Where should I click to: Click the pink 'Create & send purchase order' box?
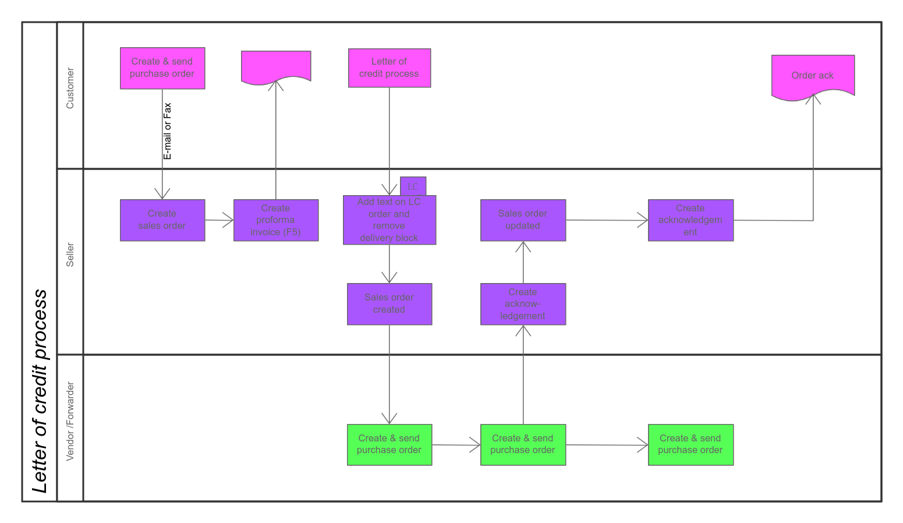click(x=162, y=68)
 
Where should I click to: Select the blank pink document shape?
click(x=276, y=66)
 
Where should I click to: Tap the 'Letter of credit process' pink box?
click(x=389, y=68)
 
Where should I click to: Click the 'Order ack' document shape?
click(x=813, y=75)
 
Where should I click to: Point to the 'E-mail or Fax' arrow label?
click(x=168, y=131)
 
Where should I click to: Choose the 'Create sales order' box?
click(x=162, y=220)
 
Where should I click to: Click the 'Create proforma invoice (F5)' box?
click(x=276, y=220)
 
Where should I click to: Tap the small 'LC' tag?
click(x=413, y=186)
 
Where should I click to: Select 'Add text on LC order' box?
click(x=389, y=220)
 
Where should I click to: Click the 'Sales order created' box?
click(x=389, y=304)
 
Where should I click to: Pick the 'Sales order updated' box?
click(x=523, y=220)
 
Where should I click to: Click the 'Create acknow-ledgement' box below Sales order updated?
click(x=523, y=304)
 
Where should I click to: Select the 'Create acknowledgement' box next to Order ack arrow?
click(x=690, y=220)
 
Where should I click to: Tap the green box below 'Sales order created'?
click(x=389, y=444)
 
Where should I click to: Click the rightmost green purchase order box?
click(x=690, y=444)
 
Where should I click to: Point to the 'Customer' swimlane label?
click(x=70, y=89)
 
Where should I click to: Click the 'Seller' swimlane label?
click(x=70, y=255)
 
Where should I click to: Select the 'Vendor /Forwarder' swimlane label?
click(x=70, y=422)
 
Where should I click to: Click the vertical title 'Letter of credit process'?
click(x=40, y=390)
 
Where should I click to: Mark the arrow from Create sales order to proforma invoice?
click(x=219, y=220)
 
